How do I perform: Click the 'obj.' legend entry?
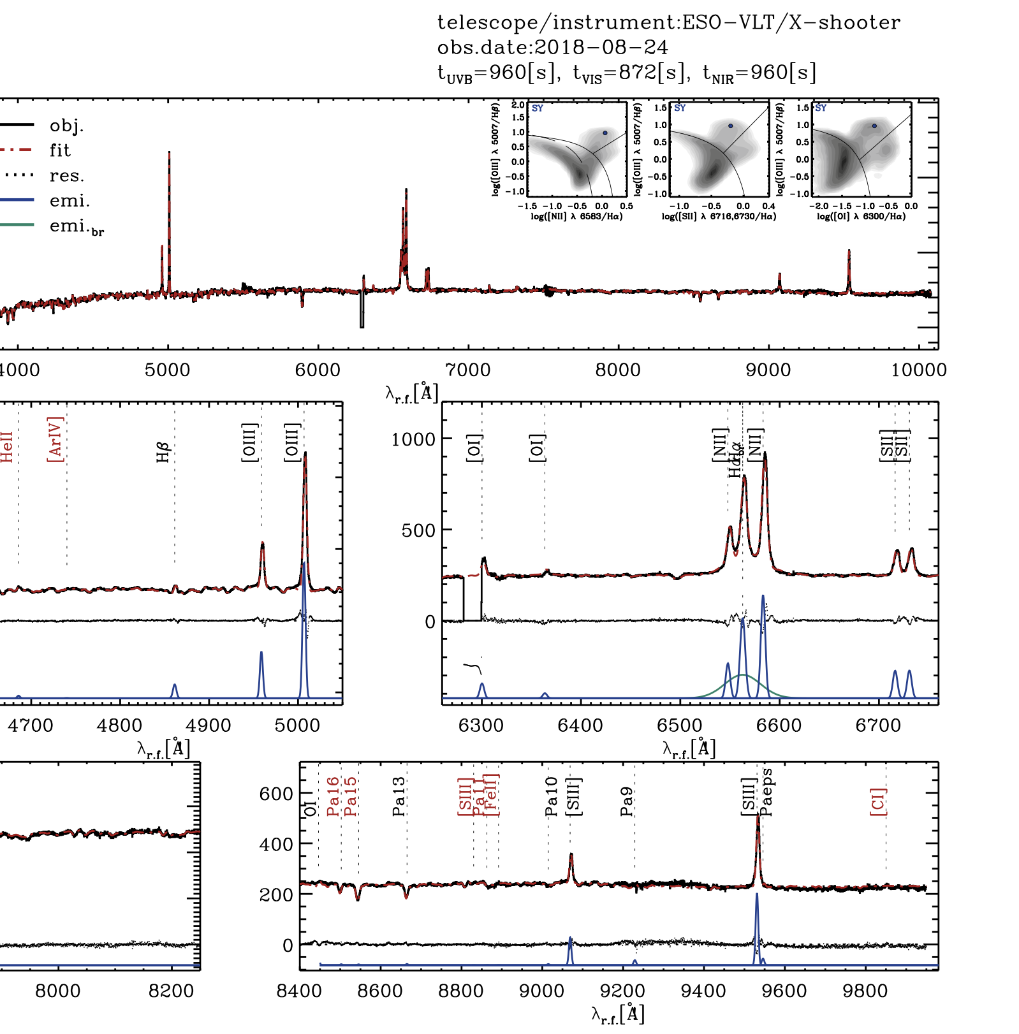point(66,126)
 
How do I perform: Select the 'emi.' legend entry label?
point(70,201)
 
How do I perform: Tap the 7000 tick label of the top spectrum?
point(468,370)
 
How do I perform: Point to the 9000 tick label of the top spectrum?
point(768,370)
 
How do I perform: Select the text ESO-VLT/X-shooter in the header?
point(791,23)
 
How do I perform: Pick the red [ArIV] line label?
point(55,439)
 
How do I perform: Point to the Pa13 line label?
point(399,796)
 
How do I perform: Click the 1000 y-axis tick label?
point(413,439)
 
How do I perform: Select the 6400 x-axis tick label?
point(580,725)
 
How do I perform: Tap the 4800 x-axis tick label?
point(119,725)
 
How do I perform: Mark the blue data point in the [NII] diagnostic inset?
point(605,133)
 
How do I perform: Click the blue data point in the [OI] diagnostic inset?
point(874,126)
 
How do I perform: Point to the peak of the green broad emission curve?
point(742,674)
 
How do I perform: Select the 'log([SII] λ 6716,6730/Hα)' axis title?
point(719,217)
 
